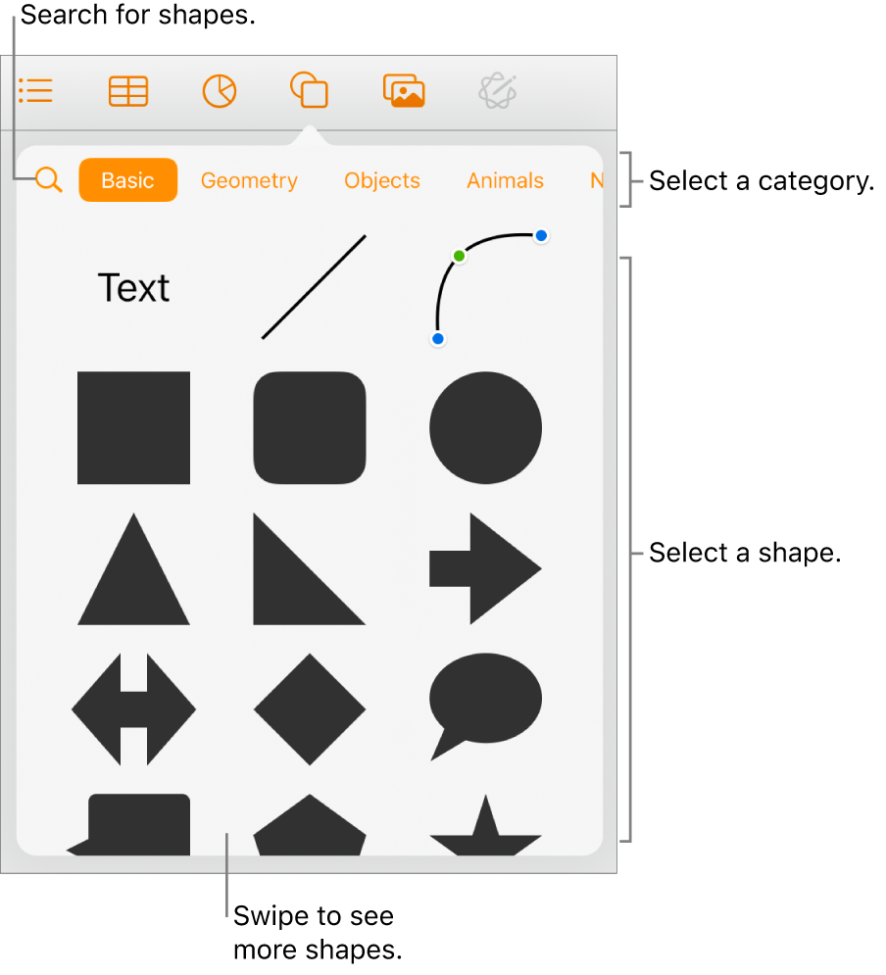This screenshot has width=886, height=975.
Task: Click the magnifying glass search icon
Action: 48,180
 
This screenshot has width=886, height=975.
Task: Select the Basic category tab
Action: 127,180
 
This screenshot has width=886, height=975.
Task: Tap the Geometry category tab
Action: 249,180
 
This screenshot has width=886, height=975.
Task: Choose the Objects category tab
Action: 382,180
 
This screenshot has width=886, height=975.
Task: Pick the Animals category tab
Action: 505,180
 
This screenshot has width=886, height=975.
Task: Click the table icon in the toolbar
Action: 128,92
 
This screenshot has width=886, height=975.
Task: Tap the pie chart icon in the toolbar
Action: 220,92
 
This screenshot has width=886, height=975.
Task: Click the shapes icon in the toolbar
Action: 309,91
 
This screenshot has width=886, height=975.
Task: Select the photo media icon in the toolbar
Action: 404,91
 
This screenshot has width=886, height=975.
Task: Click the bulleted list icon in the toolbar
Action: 36,92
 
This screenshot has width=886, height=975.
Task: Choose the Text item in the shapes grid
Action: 134,288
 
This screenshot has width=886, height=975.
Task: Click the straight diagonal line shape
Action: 313,287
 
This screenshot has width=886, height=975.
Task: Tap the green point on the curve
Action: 459,256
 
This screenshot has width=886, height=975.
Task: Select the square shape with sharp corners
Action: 134,428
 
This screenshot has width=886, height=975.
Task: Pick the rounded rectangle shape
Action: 310,428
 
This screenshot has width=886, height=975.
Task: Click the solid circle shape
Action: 485,428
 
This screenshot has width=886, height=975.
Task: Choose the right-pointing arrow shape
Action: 485,568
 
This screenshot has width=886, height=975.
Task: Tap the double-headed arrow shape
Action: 134,708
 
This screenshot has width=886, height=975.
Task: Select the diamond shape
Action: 310,708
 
